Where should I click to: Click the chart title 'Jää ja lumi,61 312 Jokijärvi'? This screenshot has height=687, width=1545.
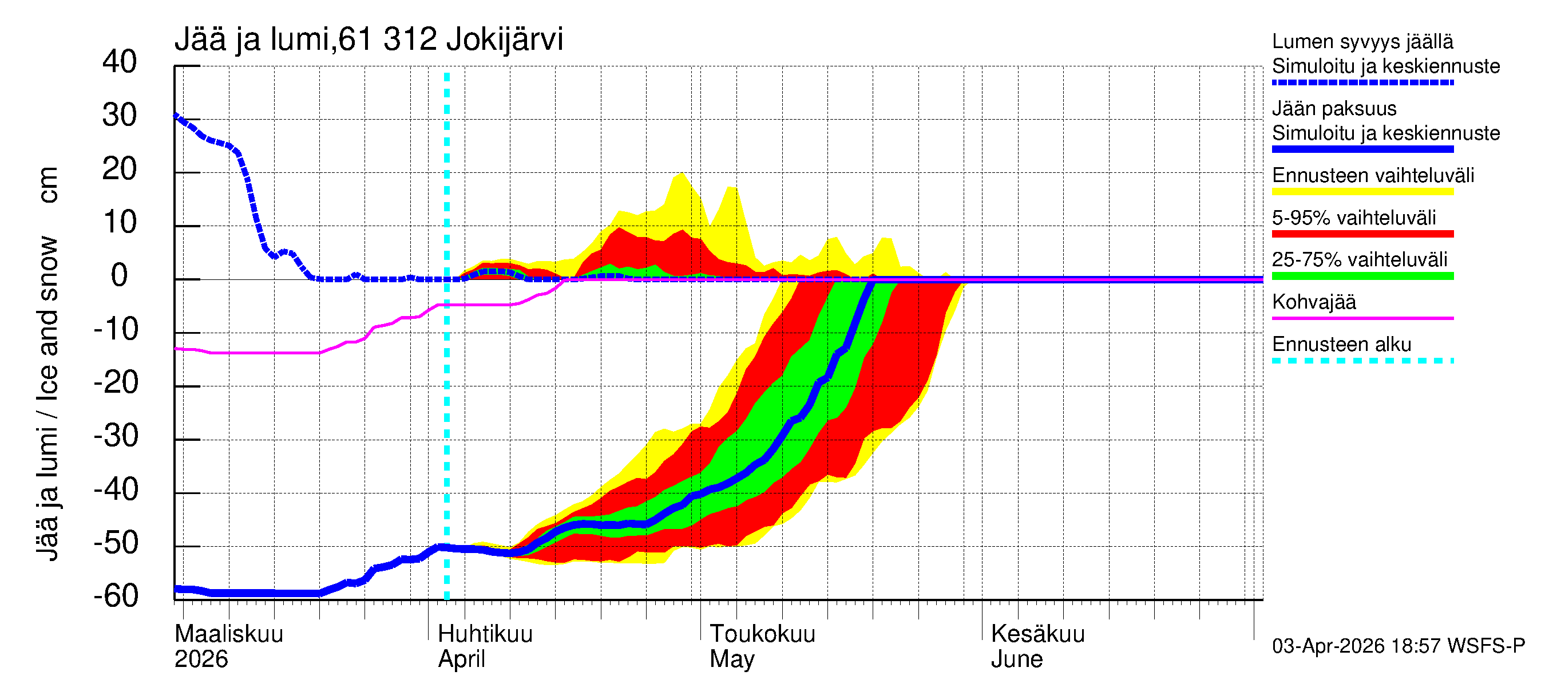coord(369,40)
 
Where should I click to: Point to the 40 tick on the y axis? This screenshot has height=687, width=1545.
coord(120,62)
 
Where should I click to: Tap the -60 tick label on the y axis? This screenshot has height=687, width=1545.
coord(116,596)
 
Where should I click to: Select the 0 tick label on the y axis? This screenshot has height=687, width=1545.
coord(120,275)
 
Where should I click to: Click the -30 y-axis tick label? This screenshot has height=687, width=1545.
coord(116,436)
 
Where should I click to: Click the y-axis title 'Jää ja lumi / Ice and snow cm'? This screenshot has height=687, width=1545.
coord(47,363)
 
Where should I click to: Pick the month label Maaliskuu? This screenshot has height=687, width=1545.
coord(228,634)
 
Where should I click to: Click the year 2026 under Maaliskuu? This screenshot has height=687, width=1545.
coord(201,659)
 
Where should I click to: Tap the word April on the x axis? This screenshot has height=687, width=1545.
coord(461,659)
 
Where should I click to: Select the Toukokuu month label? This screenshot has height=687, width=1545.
coord(762,634)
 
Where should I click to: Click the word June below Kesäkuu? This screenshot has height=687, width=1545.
coord(1016,659)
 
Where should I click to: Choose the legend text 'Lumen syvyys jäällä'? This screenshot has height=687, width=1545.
coord(1362,41)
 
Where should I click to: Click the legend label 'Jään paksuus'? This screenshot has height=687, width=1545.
coord(1334,109)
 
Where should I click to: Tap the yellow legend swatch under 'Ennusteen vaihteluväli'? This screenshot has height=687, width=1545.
coord(1362,192)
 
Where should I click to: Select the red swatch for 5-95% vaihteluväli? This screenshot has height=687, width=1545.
coord(1362,234)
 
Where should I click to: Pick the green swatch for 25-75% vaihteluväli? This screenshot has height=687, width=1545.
coord(1362,276)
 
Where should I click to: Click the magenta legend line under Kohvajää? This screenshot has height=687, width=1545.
coord(1362,318)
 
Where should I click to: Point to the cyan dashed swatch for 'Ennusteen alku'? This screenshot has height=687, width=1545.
coord(1362,361)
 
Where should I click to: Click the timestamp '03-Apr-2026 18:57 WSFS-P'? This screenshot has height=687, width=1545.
coord(1398,646)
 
